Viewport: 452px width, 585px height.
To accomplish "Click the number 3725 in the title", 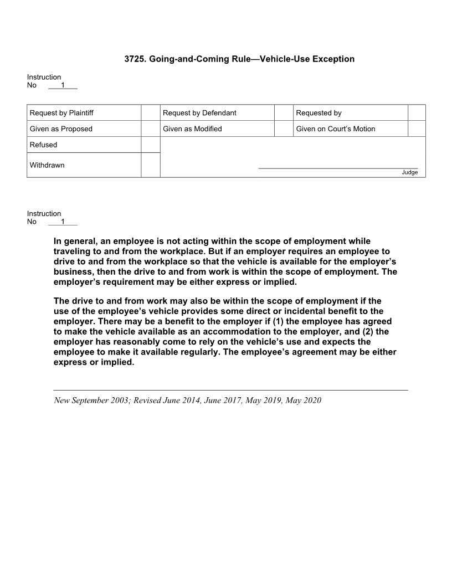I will coord(135,59).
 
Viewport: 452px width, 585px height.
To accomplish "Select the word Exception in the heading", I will coord(333,59).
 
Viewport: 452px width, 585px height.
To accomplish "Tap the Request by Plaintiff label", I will coord(61,113).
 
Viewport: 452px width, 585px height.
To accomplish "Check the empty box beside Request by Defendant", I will coord(283,113).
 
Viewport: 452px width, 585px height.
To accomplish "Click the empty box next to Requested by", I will coord(417,113).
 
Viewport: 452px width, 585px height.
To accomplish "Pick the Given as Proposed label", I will coord(61,129).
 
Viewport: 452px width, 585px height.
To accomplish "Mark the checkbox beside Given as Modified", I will coord(283,129).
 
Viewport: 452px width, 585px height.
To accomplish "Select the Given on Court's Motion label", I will coord(335,129).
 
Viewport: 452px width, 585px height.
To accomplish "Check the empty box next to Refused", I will coord(150,145).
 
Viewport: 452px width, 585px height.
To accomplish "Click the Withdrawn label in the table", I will coord(47,165).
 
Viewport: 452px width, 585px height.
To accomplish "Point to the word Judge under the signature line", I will coord(409,172).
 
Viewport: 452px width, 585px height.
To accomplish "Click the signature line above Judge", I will coord(338,167).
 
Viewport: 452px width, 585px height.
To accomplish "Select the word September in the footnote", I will coord(90,400).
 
